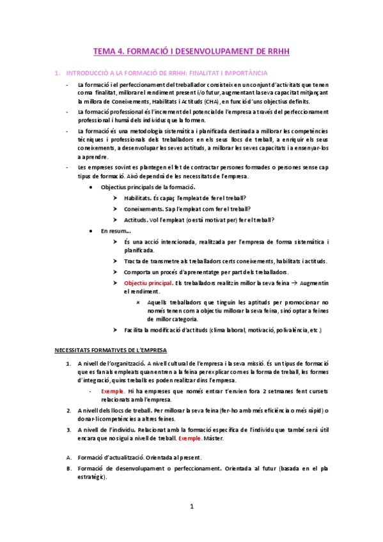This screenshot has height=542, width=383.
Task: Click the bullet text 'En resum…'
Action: click(116, 231)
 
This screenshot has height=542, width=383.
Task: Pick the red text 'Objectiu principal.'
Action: click(148, 282)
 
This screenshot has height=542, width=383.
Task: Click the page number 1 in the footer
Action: click(191, 507)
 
